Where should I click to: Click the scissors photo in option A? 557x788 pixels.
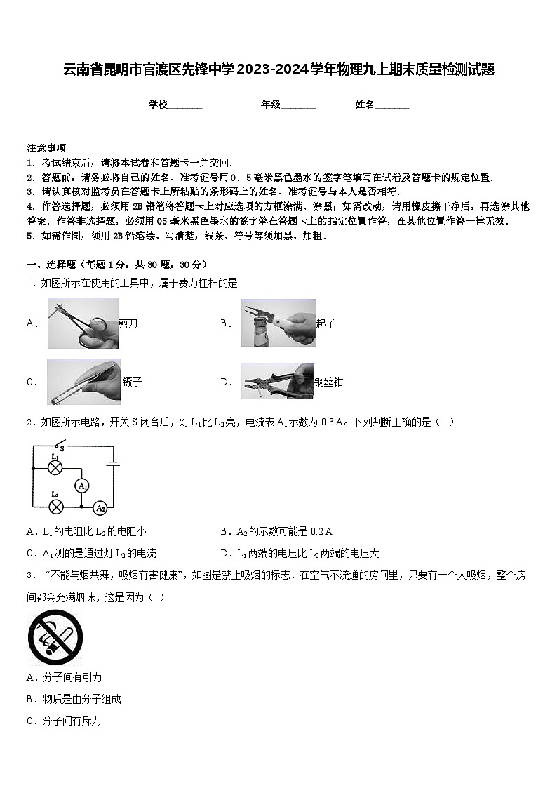(x=83, y=323)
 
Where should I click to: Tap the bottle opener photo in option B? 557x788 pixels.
(x=278, y=323)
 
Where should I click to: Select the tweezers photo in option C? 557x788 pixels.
(x=83, y=382)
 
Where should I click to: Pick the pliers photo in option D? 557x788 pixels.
(x=278, y=382)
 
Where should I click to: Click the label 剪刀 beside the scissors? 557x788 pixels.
(x=128, y=323)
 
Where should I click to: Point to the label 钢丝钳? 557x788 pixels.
(x=329, y=382)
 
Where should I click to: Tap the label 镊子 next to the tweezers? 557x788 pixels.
(x=132, y=382)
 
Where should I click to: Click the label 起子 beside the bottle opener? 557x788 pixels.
(x=326, y=323)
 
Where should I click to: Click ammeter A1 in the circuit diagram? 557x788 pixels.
(x=83, y=486)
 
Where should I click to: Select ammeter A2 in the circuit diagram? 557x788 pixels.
(x=100, y=508)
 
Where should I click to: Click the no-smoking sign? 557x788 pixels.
(x=55, y=637)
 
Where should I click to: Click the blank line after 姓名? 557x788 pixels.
(x=392, y=105)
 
